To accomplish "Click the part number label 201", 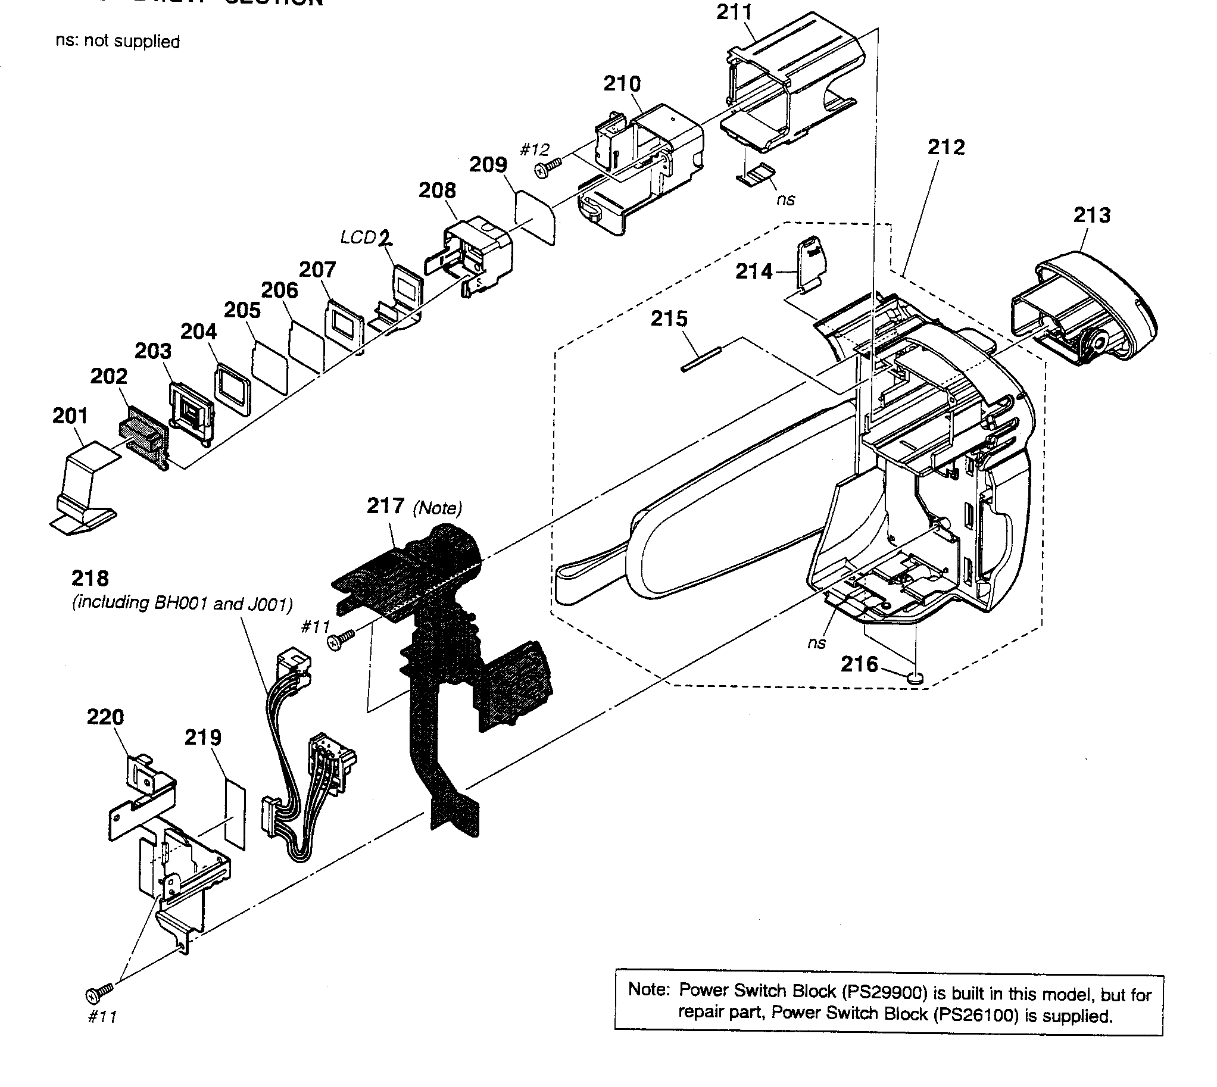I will pos(70,416).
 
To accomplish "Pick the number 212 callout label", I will pos(945,148).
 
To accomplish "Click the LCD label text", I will pos(358,237).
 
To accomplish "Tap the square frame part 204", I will pos(232,388).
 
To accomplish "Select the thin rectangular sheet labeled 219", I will pos(235,811).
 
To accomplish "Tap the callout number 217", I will pos(385,507).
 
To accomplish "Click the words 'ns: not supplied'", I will pos(118,41).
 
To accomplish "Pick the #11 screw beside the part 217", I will pos(340,641).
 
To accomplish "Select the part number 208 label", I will pos(437,190).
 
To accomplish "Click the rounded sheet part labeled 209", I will pos(535,216).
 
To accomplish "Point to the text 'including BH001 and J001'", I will pos(182,603).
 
